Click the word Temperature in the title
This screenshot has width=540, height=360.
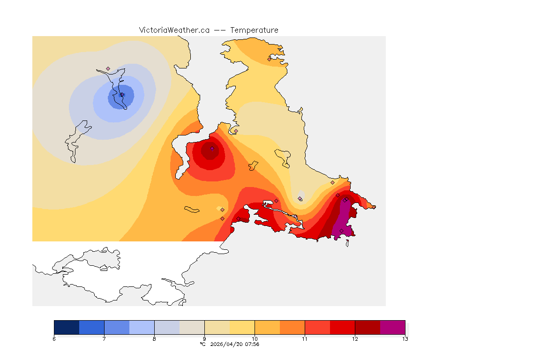[x=254, y=30]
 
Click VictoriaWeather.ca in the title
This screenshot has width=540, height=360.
[x=174, y=30]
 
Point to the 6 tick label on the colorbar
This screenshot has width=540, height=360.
[x=54, y=339]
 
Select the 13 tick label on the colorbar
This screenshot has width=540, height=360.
[x=405, y=339]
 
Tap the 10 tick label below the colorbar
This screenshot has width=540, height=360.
[x=255, y=339]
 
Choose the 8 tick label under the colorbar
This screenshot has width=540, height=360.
[x=154, y=339]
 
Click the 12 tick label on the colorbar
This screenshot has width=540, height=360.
[x=355, y=339]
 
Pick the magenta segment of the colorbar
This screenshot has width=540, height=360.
[x=392, y=327]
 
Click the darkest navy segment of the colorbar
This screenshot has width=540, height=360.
[x=67, y=327]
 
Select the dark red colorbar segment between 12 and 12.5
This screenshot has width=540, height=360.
[x=367, y=327]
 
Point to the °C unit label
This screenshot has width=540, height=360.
[x=202, y=344]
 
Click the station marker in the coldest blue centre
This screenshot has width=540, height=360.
[x=122, y=95]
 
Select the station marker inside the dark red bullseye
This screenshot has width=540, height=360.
[x=212, y=149]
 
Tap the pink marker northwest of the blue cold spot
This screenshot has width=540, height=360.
[x=108, y=68]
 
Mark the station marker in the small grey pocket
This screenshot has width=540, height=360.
[x=300, y=198]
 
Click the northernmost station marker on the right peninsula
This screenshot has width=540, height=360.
[x=269, y=59]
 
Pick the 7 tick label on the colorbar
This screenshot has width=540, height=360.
[x=104, y=339]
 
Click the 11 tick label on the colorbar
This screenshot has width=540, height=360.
[x=305, y=339]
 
